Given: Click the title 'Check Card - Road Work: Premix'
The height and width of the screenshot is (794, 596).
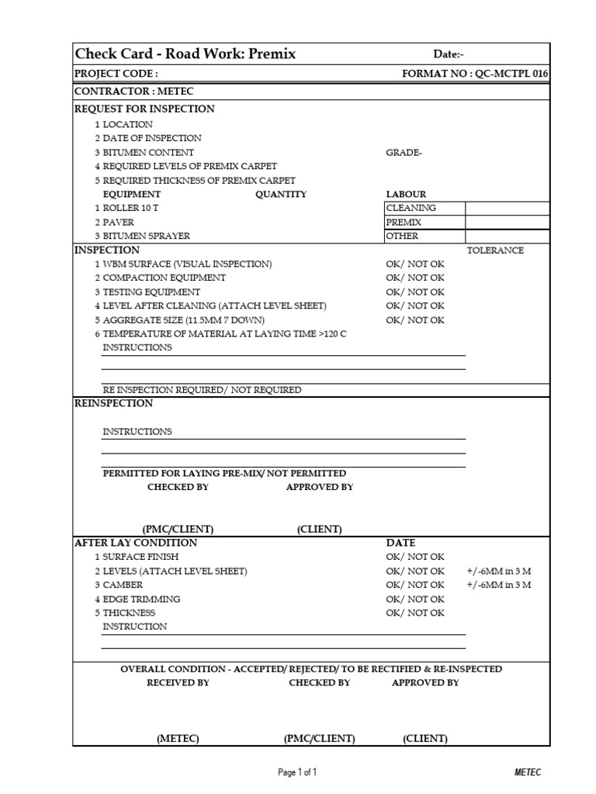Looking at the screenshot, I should [x=185, y=54].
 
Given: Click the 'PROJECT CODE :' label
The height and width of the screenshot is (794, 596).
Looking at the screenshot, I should [x=116, y=74].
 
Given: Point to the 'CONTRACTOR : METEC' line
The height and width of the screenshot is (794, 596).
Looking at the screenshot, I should [x=133, y=92].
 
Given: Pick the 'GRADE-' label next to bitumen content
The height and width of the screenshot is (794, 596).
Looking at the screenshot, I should [x=404, y=153].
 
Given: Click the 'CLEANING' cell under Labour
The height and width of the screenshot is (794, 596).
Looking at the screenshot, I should [x=411, y=209].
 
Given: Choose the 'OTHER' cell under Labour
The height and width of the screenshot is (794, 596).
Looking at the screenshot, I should [x=402, y=236].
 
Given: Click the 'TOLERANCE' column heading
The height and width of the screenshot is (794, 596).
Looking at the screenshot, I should [x=495, y=250].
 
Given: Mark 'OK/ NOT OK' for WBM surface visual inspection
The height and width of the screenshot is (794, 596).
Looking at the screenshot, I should [x=415, y=264].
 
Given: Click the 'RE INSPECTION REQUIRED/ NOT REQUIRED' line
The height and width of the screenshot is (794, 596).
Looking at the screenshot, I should [x=202, y=390].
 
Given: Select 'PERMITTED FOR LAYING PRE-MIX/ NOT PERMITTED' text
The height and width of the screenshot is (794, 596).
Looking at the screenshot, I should [x=224, y=474].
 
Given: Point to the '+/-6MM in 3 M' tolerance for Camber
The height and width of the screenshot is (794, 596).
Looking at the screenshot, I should [x=498, y=585].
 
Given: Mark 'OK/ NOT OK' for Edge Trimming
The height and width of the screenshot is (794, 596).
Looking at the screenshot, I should [x=415, y=599].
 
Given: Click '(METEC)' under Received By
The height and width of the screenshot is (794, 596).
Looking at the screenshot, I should [x=178, y=739].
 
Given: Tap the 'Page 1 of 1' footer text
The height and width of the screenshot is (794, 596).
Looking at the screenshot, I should [x=297, y=772].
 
